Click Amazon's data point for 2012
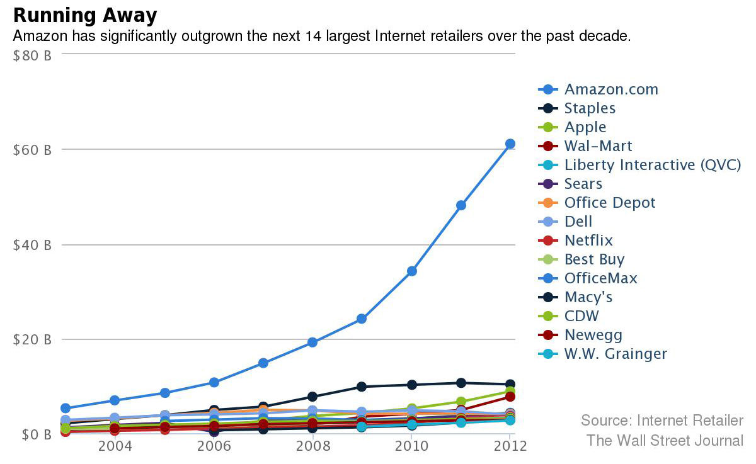point(510,144)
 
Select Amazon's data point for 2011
point(461,205)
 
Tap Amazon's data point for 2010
point(412,271)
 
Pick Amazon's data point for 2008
point(312,342)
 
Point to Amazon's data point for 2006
point(214,382)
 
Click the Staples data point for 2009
point(362,387)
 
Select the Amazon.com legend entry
point(610,89)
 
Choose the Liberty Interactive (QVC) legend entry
point(652,165)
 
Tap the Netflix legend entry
point(588,240)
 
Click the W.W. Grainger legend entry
point(615,354)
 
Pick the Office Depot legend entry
point(609,203)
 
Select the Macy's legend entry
point(588,297)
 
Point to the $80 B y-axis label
point(32,55)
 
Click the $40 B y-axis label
point(32,245)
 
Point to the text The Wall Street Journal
point(665,440)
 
